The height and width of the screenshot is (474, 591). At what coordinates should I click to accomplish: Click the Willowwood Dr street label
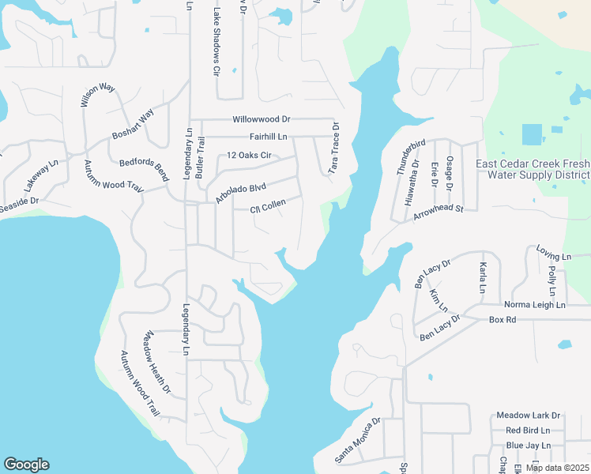pos(261,119)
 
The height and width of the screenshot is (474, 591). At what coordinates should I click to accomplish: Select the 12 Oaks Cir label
pos(249,155)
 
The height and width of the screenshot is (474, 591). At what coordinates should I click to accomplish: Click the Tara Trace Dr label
pos(334,149)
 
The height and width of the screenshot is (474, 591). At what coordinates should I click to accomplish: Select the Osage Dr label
pos(449,172)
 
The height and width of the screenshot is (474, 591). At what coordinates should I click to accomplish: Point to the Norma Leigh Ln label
pos(535,304)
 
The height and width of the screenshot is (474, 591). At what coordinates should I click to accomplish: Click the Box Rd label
pos(502,320)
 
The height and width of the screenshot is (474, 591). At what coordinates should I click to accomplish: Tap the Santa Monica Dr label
pos(357,440)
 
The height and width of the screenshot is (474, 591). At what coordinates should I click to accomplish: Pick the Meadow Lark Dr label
pos(528,416)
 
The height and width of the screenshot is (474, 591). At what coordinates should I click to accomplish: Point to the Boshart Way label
pos(132,127)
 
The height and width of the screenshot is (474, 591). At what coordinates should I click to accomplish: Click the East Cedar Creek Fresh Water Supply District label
pos(533,169)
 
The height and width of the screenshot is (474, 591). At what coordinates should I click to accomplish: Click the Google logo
pos(26,465)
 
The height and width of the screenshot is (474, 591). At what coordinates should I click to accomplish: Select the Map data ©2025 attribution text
pos(558,468)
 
